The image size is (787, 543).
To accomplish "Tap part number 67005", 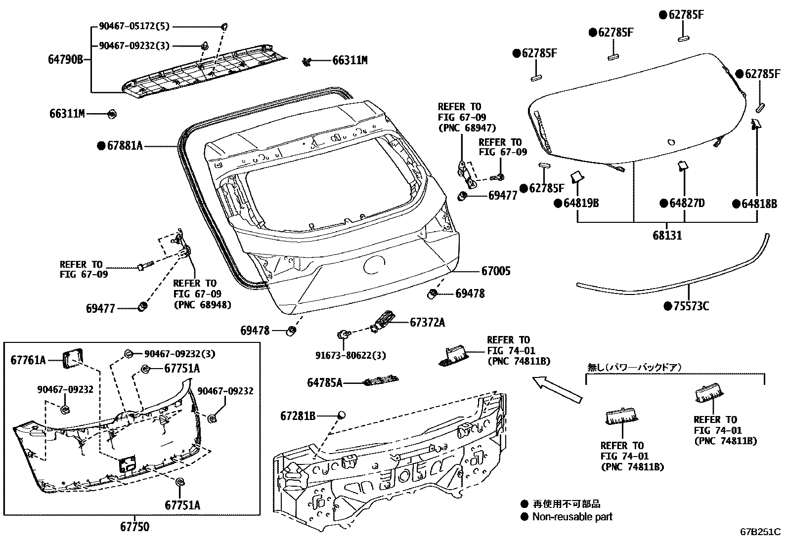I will [x=496, y=271].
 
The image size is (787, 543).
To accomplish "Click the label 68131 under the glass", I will [x=667, y=235].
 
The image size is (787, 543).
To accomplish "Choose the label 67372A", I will [x=427, y=323].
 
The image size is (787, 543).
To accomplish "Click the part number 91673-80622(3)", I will [x=350, y=355].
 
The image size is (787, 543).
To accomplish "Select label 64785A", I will [x=324, y=382].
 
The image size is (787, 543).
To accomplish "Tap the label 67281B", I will [x=298, y=416].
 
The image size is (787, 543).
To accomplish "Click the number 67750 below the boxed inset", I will [x=134, y=527].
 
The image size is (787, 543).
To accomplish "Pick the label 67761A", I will [x=28, y=360].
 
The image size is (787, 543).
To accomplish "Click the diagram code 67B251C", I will [x=759, y=532].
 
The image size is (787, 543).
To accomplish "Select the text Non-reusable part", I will [x=572, y=517].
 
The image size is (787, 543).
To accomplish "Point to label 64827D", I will [x=687, y=203].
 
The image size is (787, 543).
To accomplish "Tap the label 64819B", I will [x=580, y=203].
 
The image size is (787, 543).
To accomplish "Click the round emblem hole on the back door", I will [x=374, y=265].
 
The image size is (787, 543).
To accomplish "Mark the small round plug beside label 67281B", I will [x=341, y=415].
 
